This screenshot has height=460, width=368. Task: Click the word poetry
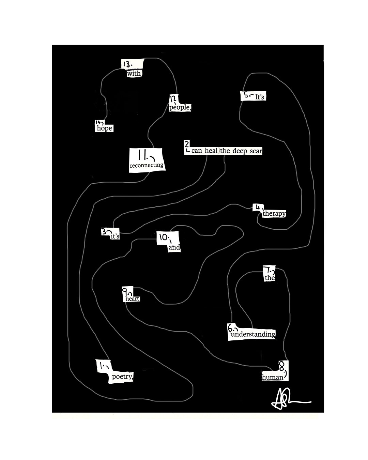point(122,377)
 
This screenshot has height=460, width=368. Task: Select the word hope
point(104,128)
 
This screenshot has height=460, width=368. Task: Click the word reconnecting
point(147,165)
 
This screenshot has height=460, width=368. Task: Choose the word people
point(180,107)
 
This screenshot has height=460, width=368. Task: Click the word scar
point(256,151)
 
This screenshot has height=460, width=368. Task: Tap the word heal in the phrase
point(211,151)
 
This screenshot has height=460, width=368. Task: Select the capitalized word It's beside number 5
point(260,97)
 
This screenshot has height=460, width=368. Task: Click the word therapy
point(274,214)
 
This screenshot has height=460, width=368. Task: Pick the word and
point(174,247)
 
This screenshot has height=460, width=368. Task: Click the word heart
point(132,299)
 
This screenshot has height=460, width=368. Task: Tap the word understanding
point(253,334)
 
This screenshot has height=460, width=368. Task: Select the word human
point(272,377)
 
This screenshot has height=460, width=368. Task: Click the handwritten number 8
point(282,367)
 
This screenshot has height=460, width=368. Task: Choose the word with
point(134,73)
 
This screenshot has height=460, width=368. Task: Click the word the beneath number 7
point(270,278)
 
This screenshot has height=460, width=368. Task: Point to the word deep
point(240,151)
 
